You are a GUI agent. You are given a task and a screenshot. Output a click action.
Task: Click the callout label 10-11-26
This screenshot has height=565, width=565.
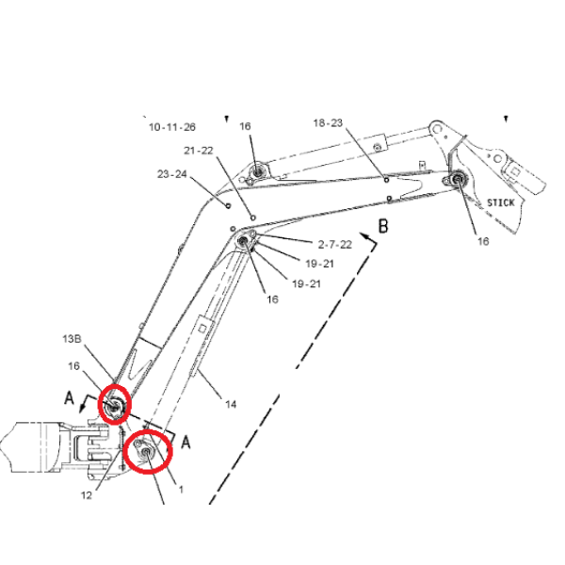(x=172, y=127)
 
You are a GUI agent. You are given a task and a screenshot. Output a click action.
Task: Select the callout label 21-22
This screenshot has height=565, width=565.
(x=199, y=151)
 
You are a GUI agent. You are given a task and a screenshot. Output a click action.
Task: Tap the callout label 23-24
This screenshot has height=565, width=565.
(x=172, y=174)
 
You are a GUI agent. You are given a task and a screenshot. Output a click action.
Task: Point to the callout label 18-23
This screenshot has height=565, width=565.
(x=328, y=122)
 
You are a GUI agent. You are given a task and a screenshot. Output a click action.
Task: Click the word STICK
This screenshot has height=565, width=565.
(x=501, y=202)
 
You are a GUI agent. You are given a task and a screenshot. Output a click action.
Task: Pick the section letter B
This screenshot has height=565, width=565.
(x=383, y=226)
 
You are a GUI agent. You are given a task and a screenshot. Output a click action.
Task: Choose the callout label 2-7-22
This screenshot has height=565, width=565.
(x=334, y=245)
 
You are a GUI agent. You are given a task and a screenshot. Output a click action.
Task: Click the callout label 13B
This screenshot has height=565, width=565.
(x=73, y=339)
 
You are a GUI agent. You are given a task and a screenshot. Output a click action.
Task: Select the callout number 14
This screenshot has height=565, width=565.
(x=231, y=405)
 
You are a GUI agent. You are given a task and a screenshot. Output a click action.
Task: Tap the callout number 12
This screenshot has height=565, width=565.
(x=87, y=495)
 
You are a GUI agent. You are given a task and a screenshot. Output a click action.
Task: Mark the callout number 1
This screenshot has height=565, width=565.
(x=181, y=490)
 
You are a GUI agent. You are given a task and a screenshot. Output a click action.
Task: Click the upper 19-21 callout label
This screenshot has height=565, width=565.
(x=319, y=264)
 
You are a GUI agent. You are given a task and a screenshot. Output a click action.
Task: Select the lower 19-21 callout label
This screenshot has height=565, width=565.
(x=306, y=284)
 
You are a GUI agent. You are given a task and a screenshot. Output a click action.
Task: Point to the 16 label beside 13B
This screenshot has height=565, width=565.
(x=73, y=366)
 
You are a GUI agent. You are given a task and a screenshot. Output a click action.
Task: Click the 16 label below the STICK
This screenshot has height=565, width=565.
(x=483, y=241)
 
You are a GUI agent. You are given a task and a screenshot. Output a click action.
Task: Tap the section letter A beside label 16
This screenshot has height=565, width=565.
(x=69, y=398)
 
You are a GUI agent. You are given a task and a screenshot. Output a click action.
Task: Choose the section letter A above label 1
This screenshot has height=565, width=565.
(x=186, y=442)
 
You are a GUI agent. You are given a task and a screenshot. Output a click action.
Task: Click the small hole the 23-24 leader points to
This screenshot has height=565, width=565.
(x=228, y=205)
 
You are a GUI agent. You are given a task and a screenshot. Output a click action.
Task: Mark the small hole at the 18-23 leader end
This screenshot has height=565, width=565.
(x=386, y=180)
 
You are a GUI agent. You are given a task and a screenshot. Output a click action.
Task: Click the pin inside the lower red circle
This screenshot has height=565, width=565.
(x=146, y=452)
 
